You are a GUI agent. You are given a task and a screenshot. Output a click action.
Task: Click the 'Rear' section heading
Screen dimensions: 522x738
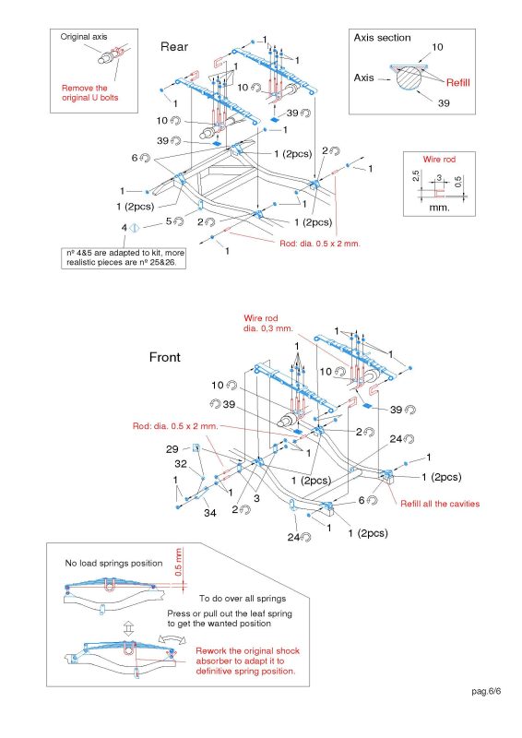(x=174, y=47)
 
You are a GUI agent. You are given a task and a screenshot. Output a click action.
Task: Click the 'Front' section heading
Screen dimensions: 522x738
(x=165, y=357)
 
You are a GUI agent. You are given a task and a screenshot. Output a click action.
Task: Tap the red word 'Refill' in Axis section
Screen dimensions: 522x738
(x=458, y=83)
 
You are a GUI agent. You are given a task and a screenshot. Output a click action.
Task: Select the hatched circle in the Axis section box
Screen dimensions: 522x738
(x=409, y=77)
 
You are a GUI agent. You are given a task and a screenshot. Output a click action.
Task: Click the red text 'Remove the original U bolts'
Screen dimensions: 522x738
(x=89, y=93)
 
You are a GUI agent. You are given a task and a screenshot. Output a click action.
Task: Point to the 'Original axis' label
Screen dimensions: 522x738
(x=84, y=37)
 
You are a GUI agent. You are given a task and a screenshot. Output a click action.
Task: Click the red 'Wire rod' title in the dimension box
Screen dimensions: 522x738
(x=439, y=159)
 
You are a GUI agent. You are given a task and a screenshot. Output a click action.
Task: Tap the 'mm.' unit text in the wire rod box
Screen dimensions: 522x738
(x=439, y=207)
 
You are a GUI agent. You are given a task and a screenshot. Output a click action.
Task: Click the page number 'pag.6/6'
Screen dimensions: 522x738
(x=486, y=691)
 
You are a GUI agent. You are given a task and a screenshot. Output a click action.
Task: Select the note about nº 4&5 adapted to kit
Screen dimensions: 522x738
(x=124, y=258)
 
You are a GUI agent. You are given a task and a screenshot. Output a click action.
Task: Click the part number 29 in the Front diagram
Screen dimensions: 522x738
(x=172, y=449)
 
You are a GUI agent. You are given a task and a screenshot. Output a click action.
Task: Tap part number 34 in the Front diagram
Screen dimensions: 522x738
(x=210, y=513)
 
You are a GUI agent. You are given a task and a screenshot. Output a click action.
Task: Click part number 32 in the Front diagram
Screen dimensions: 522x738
(x=181, y=464)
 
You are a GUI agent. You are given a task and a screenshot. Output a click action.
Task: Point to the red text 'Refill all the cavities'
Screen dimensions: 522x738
(x=440, y=504)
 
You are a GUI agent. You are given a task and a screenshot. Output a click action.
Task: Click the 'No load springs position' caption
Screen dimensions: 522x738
(x=113, y=564)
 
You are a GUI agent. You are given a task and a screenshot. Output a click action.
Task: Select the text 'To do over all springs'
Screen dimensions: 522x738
(x=243, y=599)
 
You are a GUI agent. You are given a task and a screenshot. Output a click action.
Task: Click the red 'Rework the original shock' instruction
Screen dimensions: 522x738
(x=247, y=651)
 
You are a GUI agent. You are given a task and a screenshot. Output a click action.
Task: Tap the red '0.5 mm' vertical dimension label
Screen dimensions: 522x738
(x=178, y=562)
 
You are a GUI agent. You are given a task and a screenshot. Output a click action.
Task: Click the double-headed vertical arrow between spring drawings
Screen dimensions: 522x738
(x=128, y=627)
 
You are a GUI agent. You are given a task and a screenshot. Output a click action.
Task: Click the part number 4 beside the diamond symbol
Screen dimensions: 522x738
(x=125, y=228)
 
